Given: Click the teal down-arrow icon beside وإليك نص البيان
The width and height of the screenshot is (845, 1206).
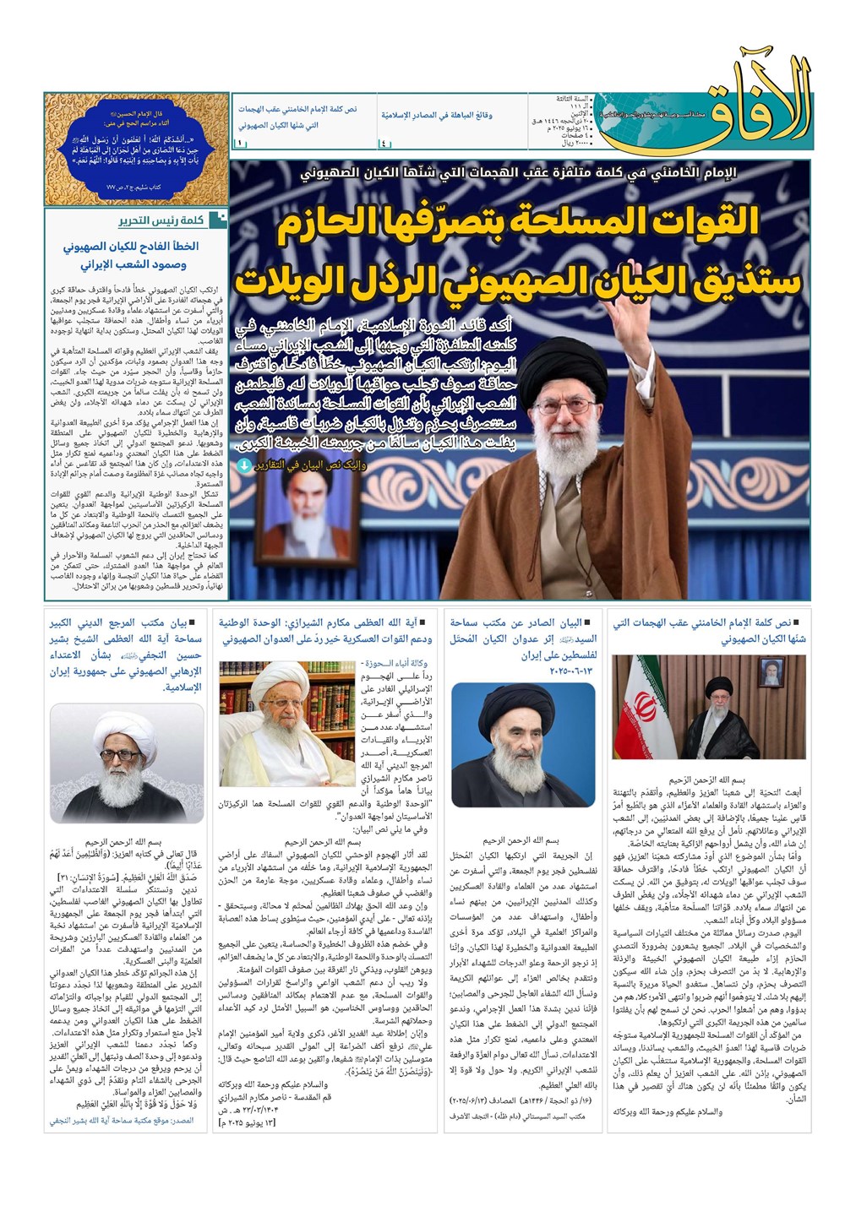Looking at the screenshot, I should (244, 465).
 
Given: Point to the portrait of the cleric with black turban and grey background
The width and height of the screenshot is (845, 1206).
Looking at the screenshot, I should (522, 745).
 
